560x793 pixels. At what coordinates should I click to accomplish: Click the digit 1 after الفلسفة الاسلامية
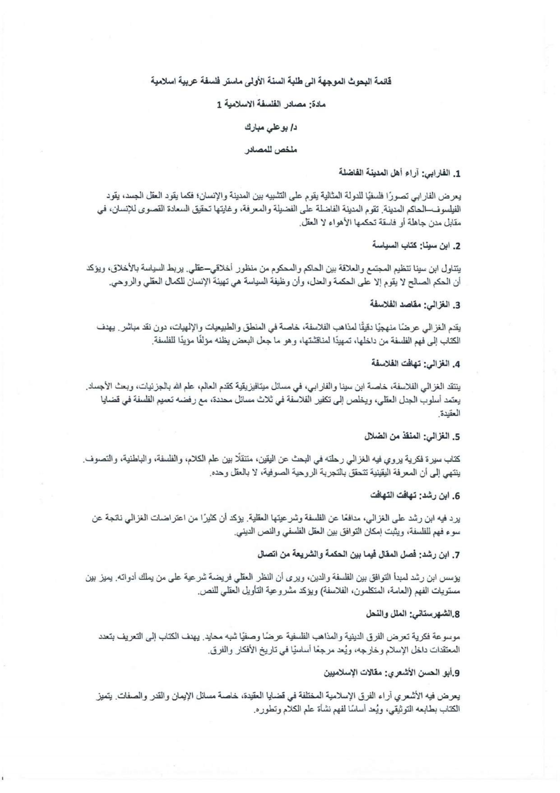pos(220,104)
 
